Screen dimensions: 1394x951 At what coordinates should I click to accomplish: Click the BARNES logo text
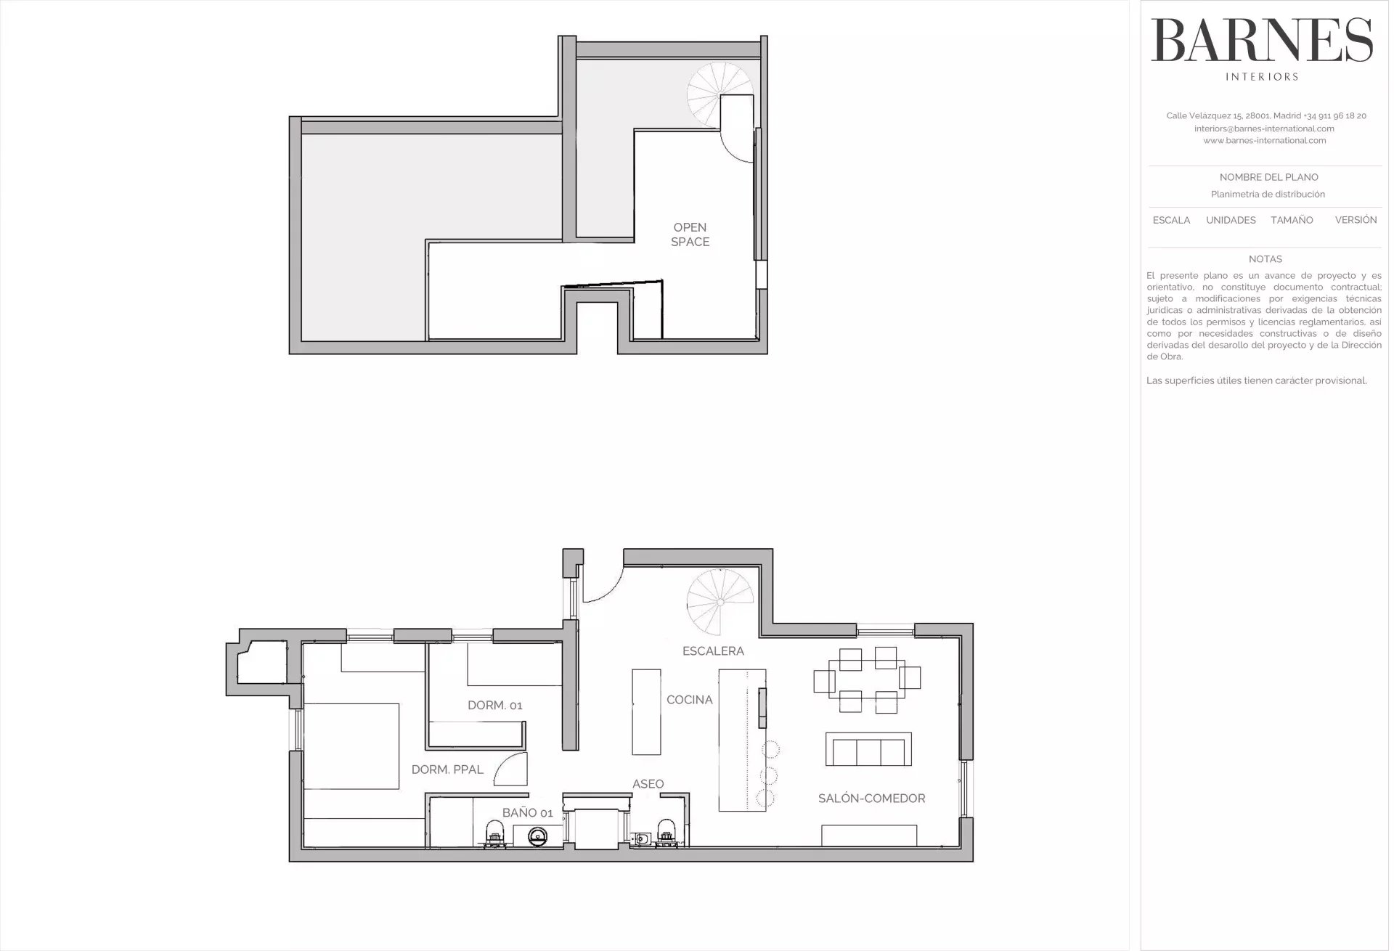point(1262,40)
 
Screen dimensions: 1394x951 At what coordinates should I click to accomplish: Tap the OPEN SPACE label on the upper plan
point(690,234)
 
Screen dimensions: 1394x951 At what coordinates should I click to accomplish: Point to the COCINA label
point(690,700)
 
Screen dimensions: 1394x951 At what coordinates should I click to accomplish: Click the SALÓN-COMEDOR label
point(871,799)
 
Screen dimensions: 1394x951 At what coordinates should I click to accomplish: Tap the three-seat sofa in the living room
point(868,749)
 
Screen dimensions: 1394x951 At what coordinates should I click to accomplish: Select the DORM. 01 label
point(494,705)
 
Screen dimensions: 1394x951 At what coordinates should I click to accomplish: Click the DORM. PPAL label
point(447,770)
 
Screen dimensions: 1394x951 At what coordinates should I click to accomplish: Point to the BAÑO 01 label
point(527,813)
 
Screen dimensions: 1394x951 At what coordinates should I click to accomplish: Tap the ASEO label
point(648,784)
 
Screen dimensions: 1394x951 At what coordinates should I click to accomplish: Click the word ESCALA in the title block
point(1171,220)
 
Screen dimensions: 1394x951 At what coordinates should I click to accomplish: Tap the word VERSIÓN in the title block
point(1356,220)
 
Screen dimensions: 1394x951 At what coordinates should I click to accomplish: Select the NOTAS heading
point(1265,259)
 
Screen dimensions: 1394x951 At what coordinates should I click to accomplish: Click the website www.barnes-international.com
point(1265,141)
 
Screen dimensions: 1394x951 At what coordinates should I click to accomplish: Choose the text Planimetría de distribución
point(1268,195)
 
